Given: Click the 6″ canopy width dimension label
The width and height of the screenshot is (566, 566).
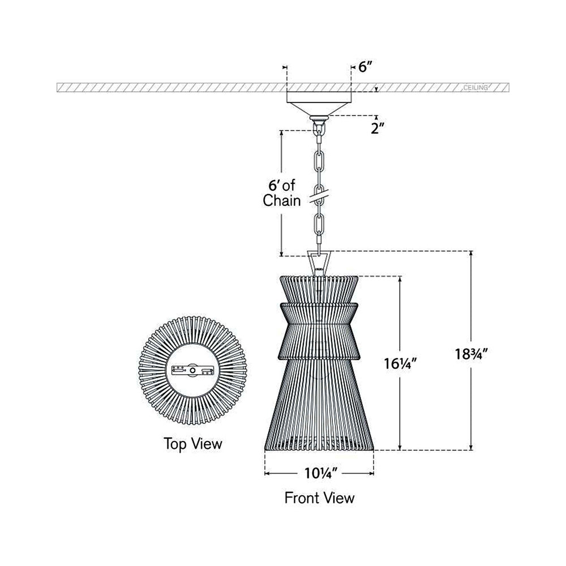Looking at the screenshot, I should click(x=365, y=67).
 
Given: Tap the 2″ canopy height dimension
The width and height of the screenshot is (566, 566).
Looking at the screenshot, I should click(x=376, y=128).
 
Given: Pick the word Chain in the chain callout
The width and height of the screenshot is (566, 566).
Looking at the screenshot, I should click(x=281, y=201).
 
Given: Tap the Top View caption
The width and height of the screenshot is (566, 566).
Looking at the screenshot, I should click(x=192, y=443).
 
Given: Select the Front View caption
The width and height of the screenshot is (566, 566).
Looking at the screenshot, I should click(x=319, y=498).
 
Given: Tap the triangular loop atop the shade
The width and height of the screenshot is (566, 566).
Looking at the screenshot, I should click(x=320, y=261).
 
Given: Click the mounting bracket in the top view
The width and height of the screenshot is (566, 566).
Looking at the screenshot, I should click(x=192, y=371).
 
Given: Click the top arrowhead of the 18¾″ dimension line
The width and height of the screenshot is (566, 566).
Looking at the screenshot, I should click(x=471, y=255).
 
